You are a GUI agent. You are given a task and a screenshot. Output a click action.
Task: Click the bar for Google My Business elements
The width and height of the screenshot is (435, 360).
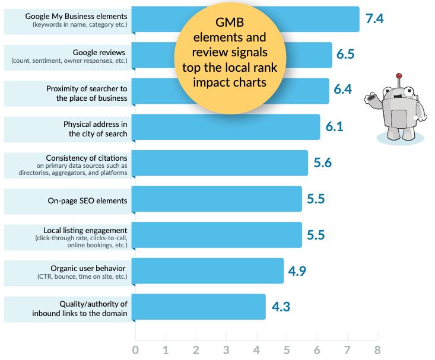154,19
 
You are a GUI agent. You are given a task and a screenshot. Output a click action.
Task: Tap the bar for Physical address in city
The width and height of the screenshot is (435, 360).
226,127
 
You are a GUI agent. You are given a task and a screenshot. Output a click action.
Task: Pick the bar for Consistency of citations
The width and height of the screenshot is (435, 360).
220,163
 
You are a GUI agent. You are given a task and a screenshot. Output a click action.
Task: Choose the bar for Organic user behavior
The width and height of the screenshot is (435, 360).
208,270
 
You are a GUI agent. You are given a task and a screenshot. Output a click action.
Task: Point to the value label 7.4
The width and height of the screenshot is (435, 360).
374,18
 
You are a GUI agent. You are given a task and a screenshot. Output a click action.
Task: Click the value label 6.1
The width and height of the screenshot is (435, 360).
334,126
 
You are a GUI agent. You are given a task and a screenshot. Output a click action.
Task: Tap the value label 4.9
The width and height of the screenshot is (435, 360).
298,270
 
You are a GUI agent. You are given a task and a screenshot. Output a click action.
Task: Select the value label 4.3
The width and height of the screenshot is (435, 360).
280,307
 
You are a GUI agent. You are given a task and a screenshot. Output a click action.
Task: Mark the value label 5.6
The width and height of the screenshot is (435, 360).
322,163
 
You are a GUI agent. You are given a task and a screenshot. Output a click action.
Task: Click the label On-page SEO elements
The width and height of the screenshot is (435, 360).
87,200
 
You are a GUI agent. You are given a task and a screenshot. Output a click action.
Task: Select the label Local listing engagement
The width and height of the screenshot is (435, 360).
85,230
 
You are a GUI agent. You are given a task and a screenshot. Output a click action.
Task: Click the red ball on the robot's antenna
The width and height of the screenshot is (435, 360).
399,76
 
